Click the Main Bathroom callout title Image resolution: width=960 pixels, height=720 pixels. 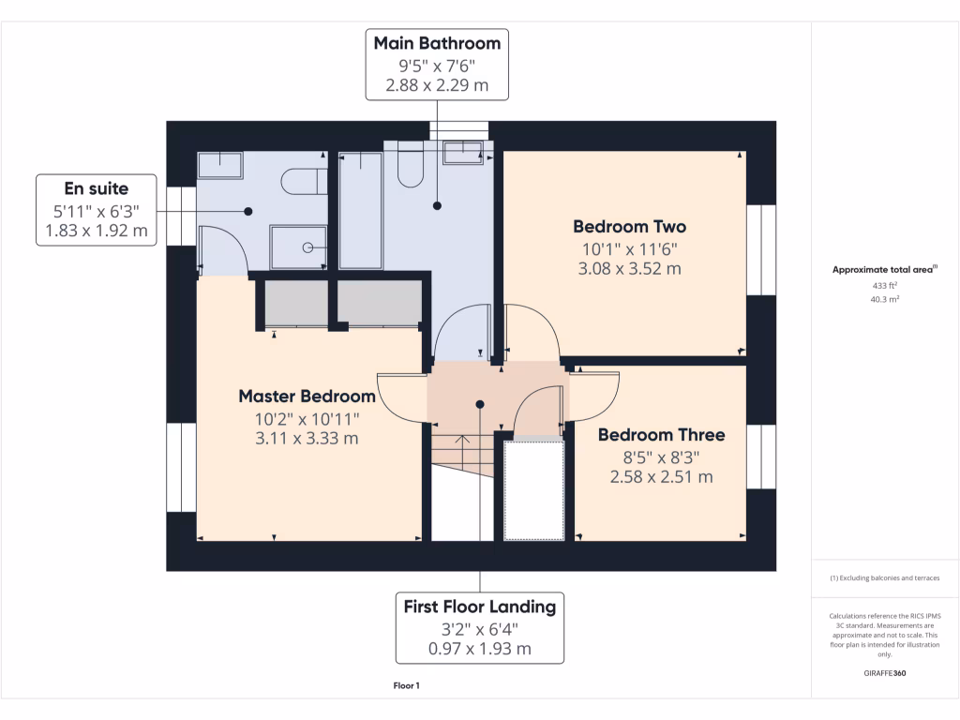point(437,43)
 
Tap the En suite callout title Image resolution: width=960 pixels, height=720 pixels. point(96,188)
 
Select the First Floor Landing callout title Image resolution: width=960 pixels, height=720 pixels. point(480,607)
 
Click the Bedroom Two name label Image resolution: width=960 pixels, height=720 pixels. point(629,227)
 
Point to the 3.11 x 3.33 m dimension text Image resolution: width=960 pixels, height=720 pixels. point(307,438)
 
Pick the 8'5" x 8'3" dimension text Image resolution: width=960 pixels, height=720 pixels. point(661,457)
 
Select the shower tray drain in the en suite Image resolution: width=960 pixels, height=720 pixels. point(307,248)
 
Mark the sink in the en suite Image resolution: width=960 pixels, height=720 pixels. point(219,165)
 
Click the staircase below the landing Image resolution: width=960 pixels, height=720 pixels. point(462,483)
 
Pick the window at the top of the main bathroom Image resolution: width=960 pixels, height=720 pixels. point(459,130)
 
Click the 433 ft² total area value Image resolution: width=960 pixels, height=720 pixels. point(885,285)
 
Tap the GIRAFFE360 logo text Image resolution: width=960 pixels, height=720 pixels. point(885,673)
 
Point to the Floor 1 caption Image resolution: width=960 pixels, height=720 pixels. point(406,686)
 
